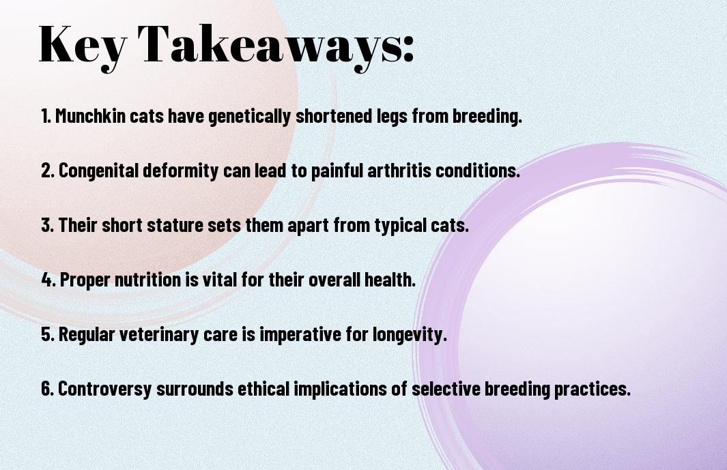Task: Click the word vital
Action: click(220, 280)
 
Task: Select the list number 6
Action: click(47, 389)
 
